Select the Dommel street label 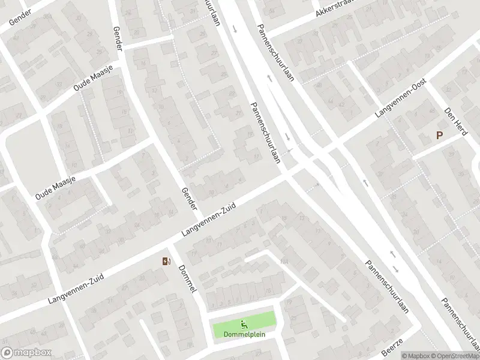coord(187,279)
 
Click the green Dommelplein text coord(244,334)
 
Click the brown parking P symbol coord(439,136)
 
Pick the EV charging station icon coord(166,261)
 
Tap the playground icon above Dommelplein coord(244,324)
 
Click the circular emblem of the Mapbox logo coord(8,352)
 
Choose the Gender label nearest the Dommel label coord(188,198)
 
